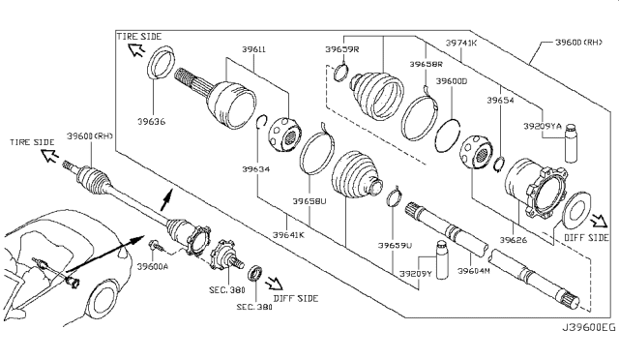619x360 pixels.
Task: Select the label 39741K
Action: coord(462,45)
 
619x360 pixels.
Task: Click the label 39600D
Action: coord(453,82)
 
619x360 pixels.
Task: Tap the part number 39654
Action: coord(501,100)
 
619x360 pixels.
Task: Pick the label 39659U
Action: coord(395,246)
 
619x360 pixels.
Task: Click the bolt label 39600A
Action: coord(154,266)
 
